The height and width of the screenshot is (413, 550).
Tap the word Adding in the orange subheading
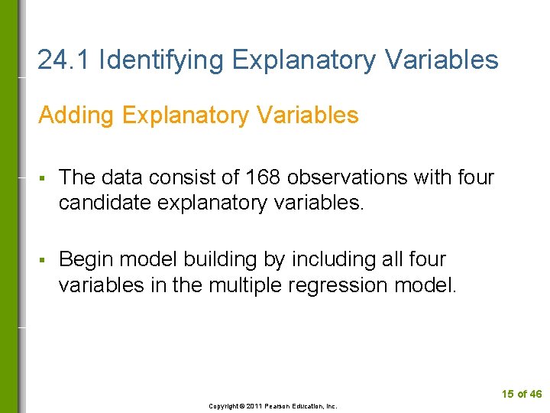[74, 115]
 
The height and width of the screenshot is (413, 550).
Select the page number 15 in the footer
[508, 395]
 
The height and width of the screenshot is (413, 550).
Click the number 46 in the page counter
[535, 395]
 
